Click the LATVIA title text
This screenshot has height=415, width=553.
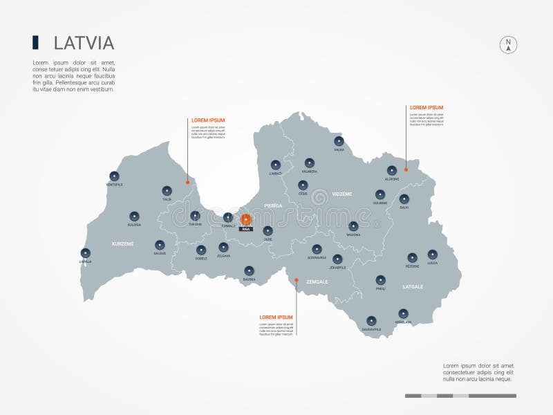coord(84,43)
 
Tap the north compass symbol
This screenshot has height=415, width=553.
coord(509,45)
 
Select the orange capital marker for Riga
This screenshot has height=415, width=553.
coord(245,219)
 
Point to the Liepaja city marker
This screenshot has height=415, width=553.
coord(85,253)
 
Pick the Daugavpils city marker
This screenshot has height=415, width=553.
coord(371,320)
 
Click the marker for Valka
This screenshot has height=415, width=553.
coord(339,141)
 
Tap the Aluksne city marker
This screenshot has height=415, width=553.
coord(392,170)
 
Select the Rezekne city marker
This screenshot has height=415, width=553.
coord(412,257)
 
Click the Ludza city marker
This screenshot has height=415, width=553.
coord(433,255)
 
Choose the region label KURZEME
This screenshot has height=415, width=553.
coord(122,243)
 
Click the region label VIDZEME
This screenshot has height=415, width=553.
coord(341,194)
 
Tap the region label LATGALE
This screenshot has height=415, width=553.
coord(413,286)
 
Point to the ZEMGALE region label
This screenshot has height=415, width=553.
coord(317,282)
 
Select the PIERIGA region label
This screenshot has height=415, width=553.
coord(273,205)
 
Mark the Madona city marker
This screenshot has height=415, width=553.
coord(353,225)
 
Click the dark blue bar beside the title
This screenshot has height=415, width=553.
coord(35,42)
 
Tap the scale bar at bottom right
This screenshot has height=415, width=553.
coord(460,396)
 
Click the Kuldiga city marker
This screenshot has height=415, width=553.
coord(134,216)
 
